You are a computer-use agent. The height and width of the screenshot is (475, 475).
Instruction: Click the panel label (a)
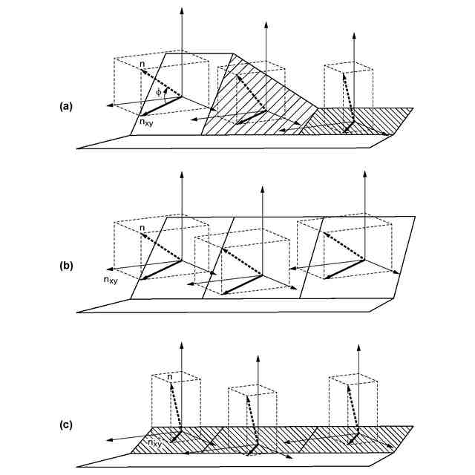point(66,107)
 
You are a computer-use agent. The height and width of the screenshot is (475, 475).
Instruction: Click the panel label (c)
point(66,425)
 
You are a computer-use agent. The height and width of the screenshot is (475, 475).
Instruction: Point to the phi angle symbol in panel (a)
point(157,92)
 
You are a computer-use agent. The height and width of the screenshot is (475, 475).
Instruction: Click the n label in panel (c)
point(169,377)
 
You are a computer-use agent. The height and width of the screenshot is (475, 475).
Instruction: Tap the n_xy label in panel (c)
point(155,443)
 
